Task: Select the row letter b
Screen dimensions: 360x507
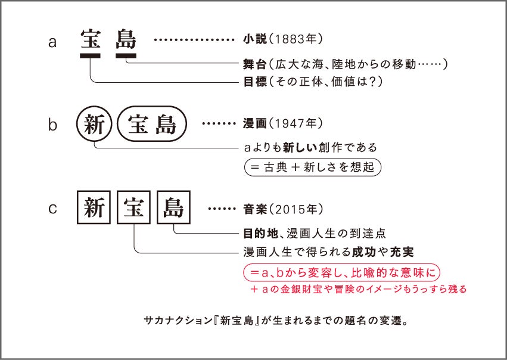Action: [52, 125]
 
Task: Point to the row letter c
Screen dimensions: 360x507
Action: [52, 209]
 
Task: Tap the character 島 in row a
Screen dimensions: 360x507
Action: [126, 39]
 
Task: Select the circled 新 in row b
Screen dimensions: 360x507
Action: [94, 125]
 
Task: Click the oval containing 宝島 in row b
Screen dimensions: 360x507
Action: [152, 125]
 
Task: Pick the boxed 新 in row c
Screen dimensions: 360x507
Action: [94, 208]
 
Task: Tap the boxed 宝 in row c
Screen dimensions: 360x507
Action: [134, 208]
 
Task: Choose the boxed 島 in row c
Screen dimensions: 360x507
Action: [173, 208]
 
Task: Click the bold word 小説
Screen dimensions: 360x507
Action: [252, 40]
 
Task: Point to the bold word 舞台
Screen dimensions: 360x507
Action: [252, 63]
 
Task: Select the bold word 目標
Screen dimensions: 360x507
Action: [252, 80]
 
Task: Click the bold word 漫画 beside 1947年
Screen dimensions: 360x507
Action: [252, 124]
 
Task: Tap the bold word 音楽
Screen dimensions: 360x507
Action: [252, 210]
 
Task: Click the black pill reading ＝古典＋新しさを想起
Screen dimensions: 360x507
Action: [312, 166]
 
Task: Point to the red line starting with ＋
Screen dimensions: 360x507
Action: [358, 289]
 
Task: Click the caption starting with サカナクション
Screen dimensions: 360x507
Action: [275, 320]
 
